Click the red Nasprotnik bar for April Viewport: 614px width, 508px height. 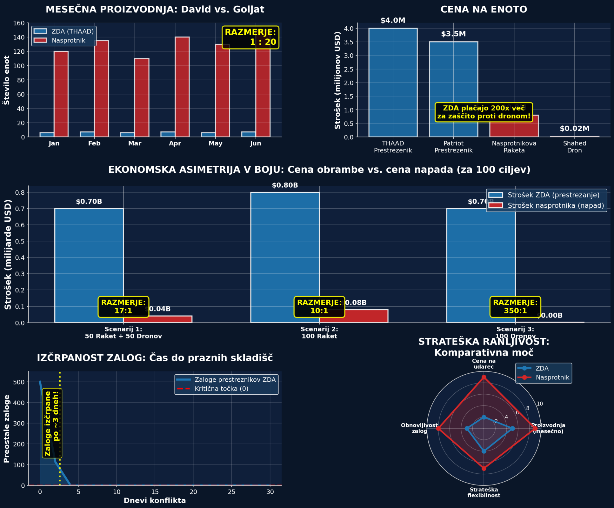[182, 87]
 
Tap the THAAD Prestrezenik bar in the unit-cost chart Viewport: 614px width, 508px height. [393, 83]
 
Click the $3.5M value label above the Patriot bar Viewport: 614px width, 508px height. [453, 34]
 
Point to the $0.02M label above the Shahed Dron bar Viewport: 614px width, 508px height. [574, 129]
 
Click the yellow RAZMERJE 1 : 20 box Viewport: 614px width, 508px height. [250, 37]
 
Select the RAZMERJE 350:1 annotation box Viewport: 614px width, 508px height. [515, 307]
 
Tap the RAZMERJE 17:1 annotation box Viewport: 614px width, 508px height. [123, 307]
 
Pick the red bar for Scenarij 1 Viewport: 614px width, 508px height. [157, 319]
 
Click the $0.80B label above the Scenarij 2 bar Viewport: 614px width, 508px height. [285, 185]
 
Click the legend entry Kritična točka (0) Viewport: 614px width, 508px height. [221, 389]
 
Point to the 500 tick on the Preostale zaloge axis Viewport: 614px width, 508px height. [19, 382]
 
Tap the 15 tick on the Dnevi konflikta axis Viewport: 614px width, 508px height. [155, 492]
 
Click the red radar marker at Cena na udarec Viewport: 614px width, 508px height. [484, 377]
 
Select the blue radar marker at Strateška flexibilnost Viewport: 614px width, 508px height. [484, 451]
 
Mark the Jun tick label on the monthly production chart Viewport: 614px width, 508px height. [256, 144]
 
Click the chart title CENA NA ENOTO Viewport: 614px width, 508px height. [484, 10]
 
